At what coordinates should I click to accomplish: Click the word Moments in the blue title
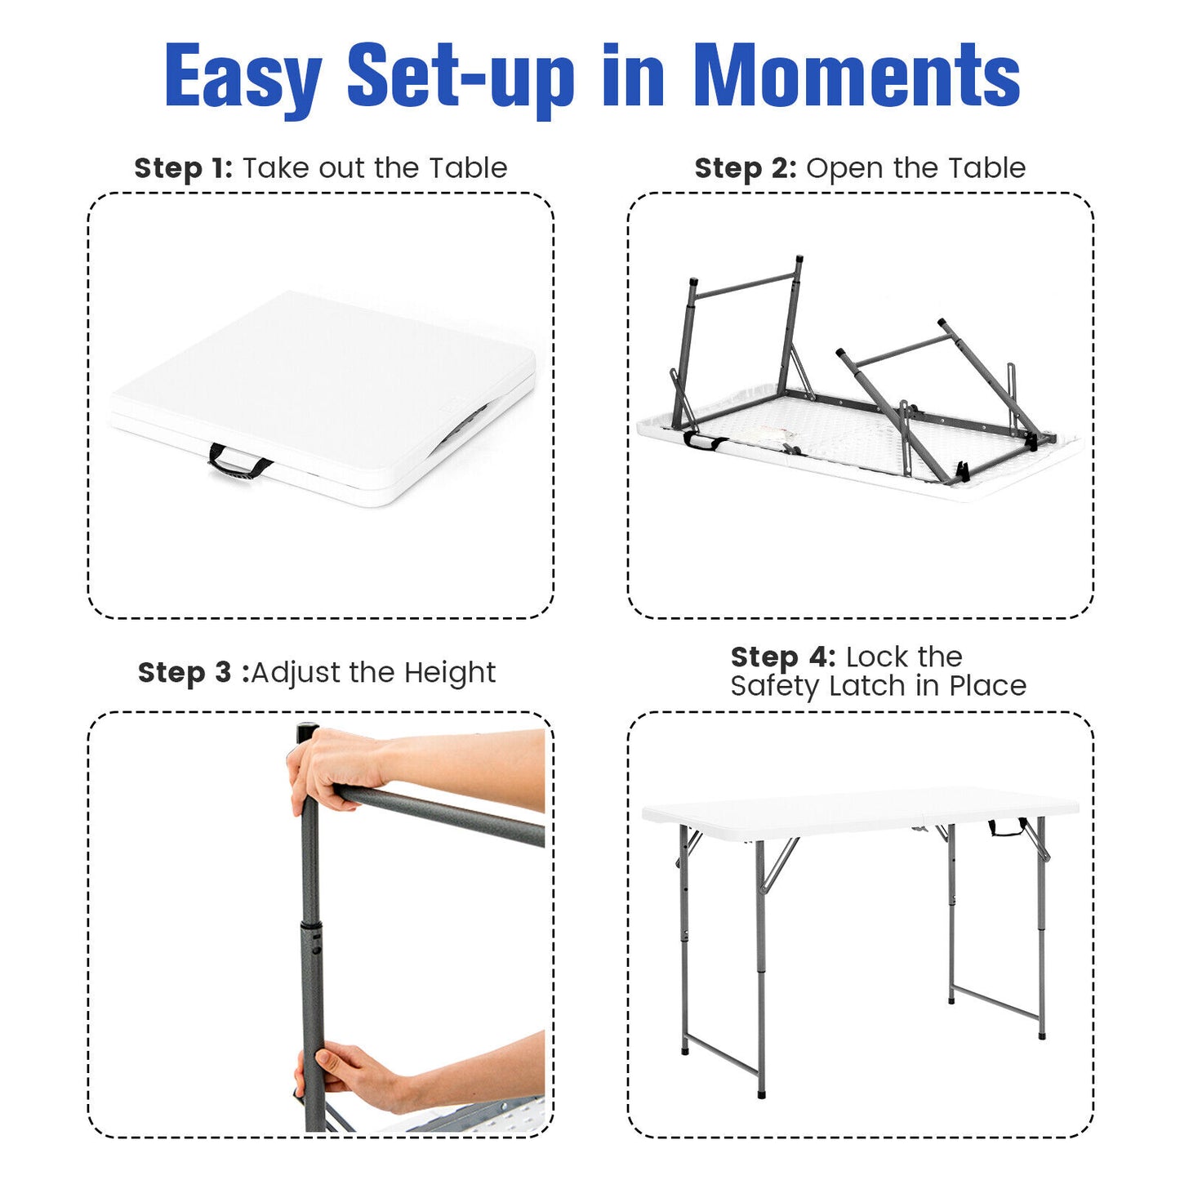click(x=857, y=75)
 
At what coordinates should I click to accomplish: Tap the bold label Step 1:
click(x=183, y=168)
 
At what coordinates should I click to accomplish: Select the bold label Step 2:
click(x=745, y=168)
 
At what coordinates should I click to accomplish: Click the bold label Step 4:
click(x=782, y=657)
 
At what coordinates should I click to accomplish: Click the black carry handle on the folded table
click(x=238, y=463)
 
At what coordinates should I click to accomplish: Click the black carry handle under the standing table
click(x=1006, y=829)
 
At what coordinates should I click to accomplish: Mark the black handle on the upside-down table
click(x=704, y=442)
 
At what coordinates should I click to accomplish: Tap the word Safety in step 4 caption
click(x=773, y=686)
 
